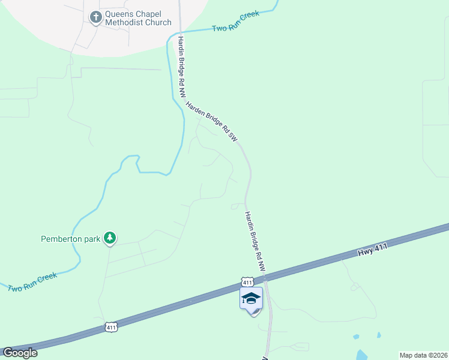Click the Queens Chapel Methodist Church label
pos(138,18)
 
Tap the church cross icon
pos(95,17)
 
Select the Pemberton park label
pos(70,239)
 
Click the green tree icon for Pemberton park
pos(109,238)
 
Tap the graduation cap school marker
pos(252,298)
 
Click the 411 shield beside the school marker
pos(247,281)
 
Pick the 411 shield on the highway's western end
pos(110,327)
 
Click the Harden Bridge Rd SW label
pos(212,121)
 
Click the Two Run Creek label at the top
pos(236,21)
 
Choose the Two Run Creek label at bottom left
pos(33,282)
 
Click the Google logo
pos(20,353)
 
